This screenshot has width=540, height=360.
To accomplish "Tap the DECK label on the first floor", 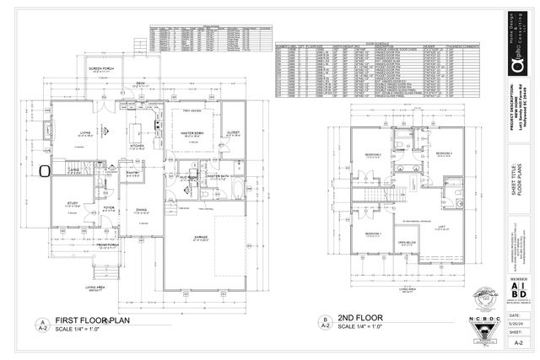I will (140, 84).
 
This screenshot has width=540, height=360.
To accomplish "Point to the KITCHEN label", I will (138, 144).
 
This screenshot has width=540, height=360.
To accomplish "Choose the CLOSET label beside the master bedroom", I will (234, 132).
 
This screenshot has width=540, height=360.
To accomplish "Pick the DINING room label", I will (143, 210).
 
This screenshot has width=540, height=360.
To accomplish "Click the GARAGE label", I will (201, 238).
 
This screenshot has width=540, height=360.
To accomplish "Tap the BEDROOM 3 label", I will (445, 153).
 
